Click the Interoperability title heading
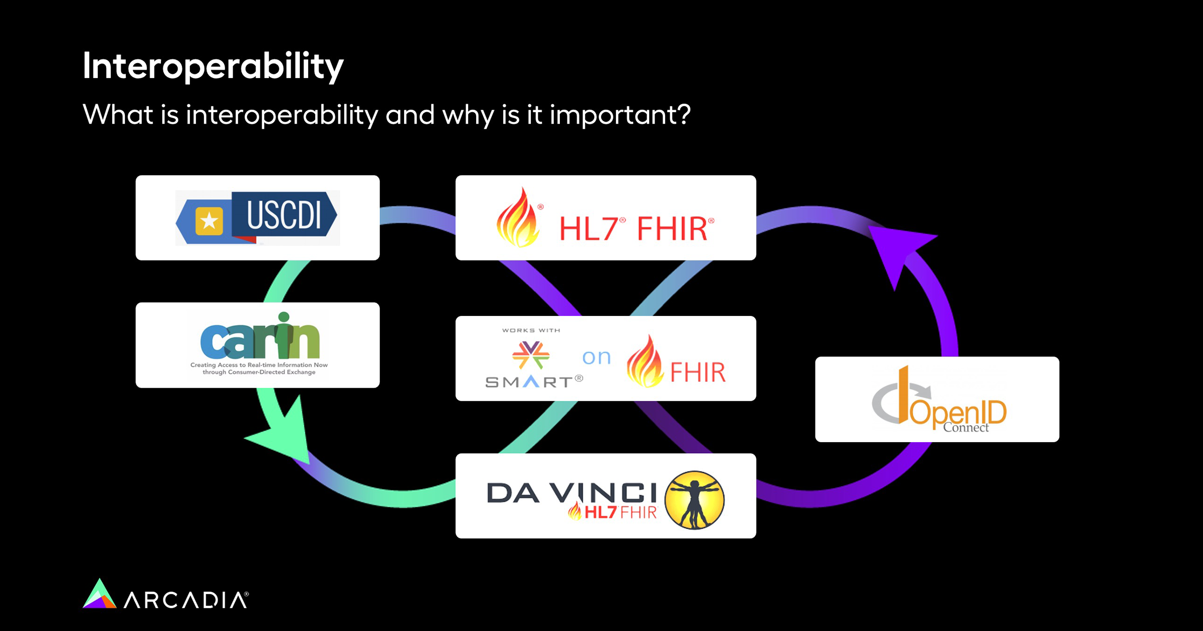coord(213,67)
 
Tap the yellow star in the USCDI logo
coord(209,221)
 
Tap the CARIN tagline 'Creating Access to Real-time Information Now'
coord(259,365)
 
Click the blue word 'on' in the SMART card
coord(596,357)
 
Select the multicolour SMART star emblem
coord(531,355)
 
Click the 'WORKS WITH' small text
coord(531,331)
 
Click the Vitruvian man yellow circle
coord(694,500)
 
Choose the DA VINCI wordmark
coord(571,493)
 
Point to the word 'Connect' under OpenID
coord(966,428)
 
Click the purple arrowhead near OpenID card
coord(897,250)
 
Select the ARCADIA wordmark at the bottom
coord(186,600)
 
